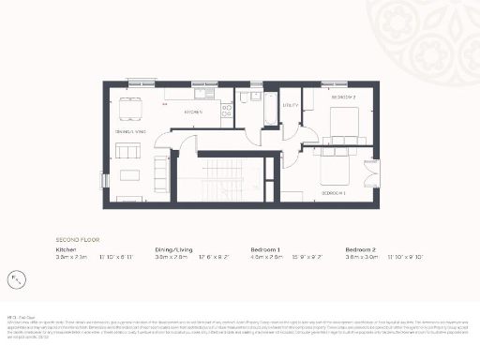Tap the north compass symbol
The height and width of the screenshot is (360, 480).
[x=17, y=277]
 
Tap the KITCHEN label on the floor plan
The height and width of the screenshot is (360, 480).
[x=193, y=112]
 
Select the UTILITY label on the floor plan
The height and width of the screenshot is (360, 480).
[x=291, y=105]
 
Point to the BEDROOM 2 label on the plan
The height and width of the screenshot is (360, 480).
[x=342, y=97]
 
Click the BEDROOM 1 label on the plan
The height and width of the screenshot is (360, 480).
[x=334, y=192]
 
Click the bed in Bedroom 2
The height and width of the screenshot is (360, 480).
[x=344, y=121]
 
